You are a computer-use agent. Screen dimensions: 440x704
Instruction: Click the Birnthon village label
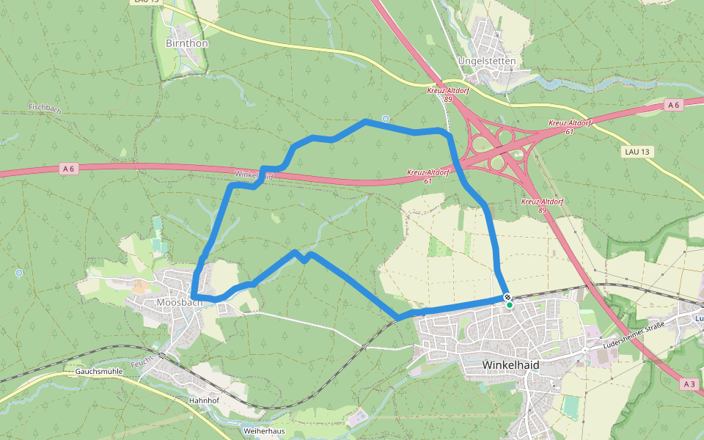tap(187, 43)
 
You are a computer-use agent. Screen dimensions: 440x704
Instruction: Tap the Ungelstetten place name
tap(486, 61)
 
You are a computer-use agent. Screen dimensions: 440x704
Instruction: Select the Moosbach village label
tap(179, 302)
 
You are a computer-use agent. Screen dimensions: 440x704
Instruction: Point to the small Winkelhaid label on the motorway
tap(254, 175)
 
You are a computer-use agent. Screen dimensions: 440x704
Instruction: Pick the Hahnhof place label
tap(205, 401)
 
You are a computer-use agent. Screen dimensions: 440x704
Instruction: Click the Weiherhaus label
tap(263, 431)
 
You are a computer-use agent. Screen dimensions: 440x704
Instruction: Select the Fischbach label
tap(44, 108)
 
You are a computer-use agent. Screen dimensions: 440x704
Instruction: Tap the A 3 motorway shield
tap(689, 384)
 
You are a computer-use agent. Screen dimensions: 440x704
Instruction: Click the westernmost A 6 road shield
tap(68, 169)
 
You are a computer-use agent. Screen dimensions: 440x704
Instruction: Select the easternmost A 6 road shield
tap(674, 106)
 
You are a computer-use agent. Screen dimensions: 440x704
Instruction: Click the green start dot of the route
tap(510, 304)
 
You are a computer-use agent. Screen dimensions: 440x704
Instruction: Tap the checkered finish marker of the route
tap(507, 298)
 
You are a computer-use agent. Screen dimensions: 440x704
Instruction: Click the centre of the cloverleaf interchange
tap(502, 147)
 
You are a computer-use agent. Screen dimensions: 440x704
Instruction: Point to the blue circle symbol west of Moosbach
tap(18, 274)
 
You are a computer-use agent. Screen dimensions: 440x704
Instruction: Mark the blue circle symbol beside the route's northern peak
tap(386, 118)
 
